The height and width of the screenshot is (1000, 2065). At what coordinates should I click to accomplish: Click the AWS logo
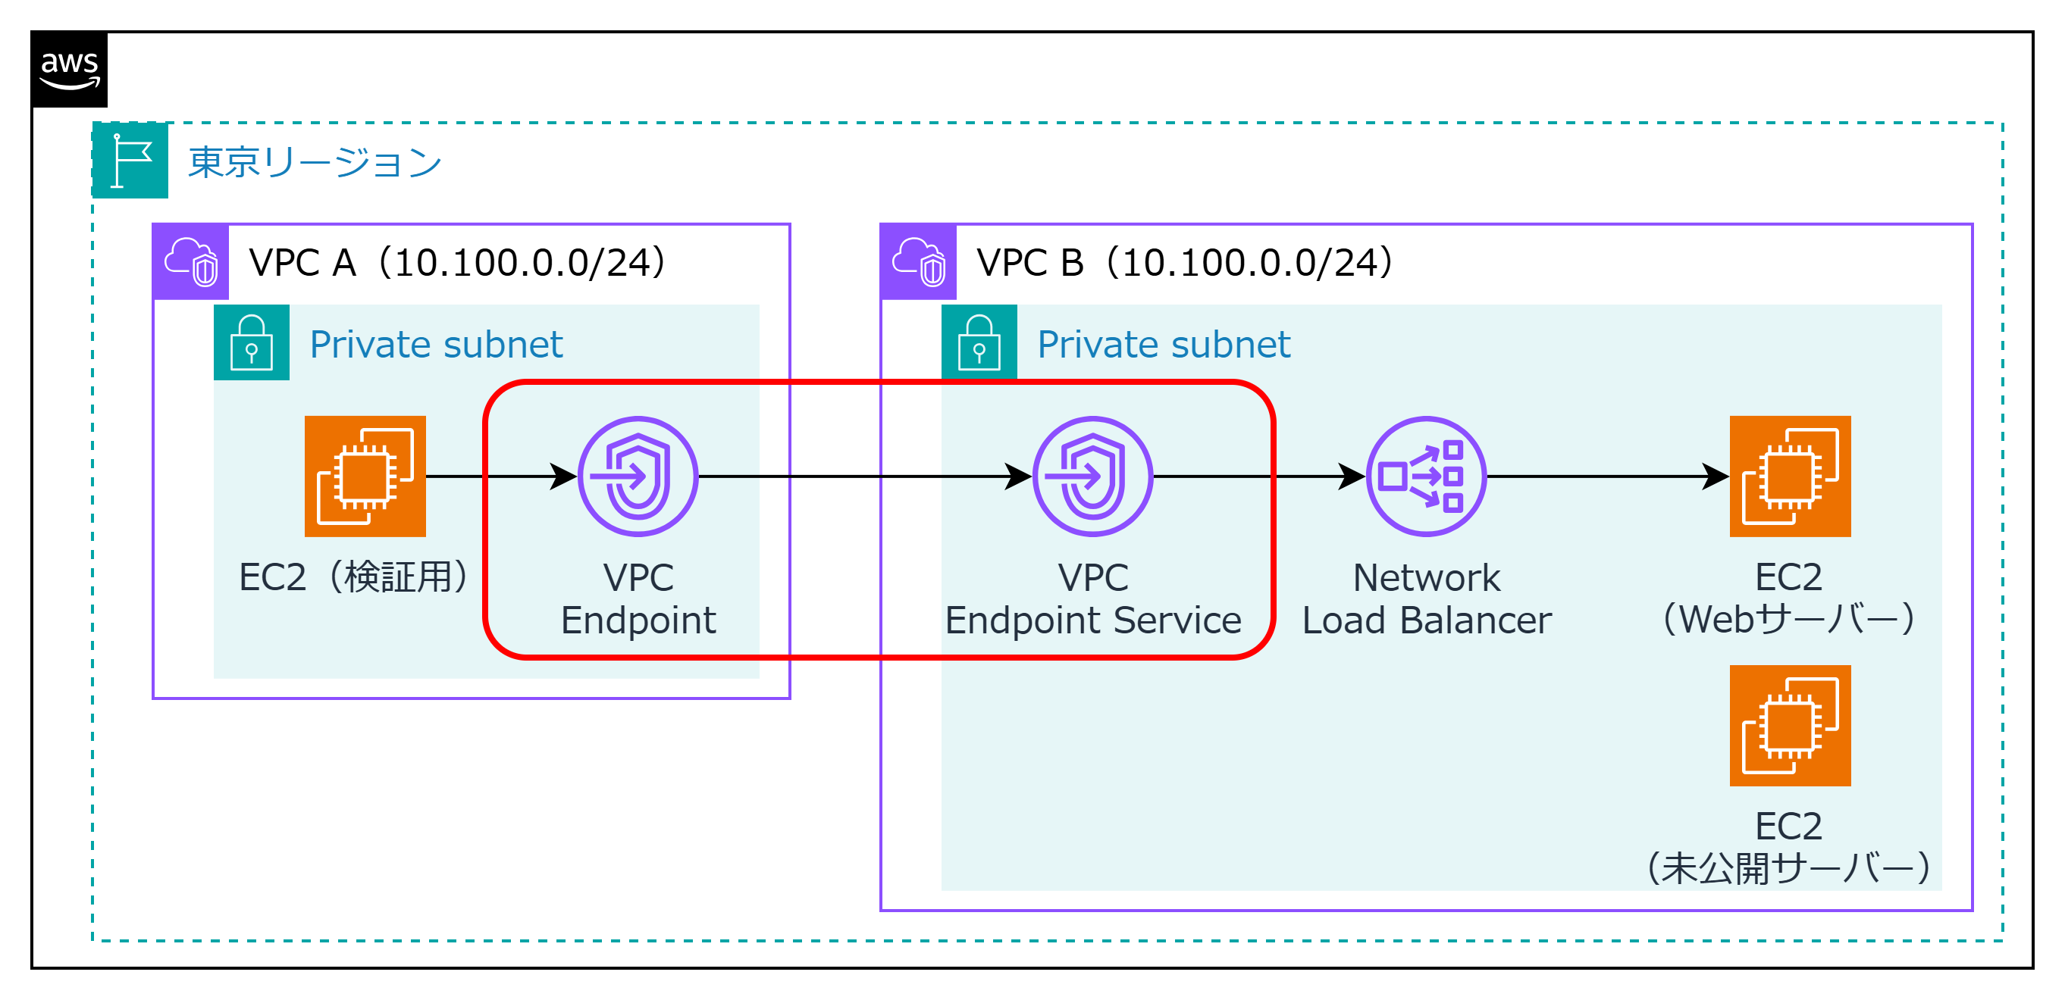tap(70, 70)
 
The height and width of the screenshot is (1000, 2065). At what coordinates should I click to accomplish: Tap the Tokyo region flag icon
tap(130, 161)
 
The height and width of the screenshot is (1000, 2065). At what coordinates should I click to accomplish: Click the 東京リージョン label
tap(315, 163)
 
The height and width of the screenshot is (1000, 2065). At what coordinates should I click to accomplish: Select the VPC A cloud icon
tap(191, 262)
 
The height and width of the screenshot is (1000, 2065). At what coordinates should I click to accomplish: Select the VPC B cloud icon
tap(919, 262)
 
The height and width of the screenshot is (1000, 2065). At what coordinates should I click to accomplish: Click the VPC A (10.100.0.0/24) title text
tap(457, 263)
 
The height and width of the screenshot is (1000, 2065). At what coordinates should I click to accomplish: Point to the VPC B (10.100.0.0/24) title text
tap(1185, 263)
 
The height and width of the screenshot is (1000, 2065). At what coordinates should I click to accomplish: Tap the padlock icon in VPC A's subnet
tap(252, 342)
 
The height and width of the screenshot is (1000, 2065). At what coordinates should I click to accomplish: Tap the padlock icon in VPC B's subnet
tap(979, 342)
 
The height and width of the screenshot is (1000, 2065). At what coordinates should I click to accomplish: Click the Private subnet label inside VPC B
tap(1163, 345)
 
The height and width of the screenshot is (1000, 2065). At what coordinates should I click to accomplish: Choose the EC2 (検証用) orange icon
tap(365, 476)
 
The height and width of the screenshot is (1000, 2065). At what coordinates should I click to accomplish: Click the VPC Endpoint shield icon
tap(638, 476)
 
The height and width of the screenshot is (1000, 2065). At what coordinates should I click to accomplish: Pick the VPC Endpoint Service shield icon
tap(1092, 476)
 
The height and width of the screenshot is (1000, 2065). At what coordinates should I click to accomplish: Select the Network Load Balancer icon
tap(1426, 476)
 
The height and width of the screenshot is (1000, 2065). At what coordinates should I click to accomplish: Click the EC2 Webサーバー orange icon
tap(1789, 476)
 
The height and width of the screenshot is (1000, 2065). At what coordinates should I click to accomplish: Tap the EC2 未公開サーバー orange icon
tap(1789, 725)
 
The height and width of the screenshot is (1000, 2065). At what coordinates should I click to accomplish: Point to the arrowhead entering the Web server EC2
tap(1715, 476)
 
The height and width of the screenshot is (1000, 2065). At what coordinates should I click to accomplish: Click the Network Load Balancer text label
tap(1426, 598)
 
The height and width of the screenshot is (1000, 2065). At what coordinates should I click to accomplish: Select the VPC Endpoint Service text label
tap(1092, 598)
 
